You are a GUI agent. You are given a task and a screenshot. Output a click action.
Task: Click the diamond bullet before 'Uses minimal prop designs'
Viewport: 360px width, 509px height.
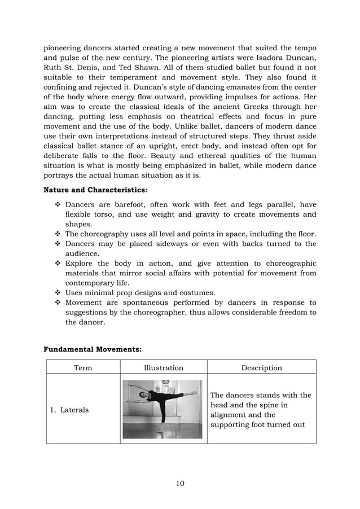(x=58, y=293)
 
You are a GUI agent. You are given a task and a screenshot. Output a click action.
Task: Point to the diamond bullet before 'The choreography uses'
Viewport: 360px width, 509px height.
(x=58, y=234)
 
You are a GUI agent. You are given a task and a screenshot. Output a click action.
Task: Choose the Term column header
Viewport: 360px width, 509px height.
(x=83, y=368)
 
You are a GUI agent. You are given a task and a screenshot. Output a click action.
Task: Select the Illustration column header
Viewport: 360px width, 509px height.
(x=163, y=368)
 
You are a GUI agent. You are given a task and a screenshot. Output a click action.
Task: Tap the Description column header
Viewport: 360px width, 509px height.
(x=261, y=368)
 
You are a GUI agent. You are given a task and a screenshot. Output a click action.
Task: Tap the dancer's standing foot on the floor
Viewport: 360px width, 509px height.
(x=159, y=433)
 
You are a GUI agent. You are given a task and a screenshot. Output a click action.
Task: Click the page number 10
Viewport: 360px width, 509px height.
(x=180, y=483)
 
